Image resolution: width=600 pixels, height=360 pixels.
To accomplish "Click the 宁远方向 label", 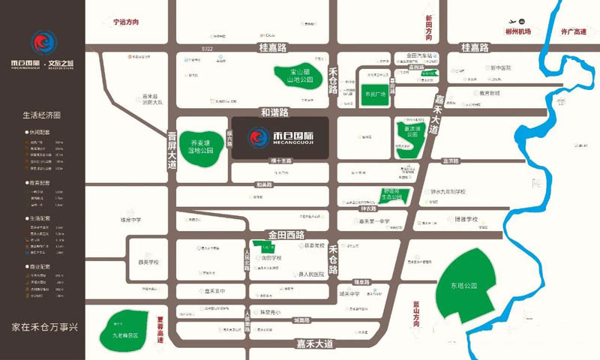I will (x=126, y=22).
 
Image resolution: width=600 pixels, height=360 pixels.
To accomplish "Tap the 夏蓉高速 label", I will (x=160, y=329).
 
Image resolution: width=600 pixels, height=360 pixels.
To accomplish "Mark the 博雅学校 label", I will (x=465, y=220).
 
